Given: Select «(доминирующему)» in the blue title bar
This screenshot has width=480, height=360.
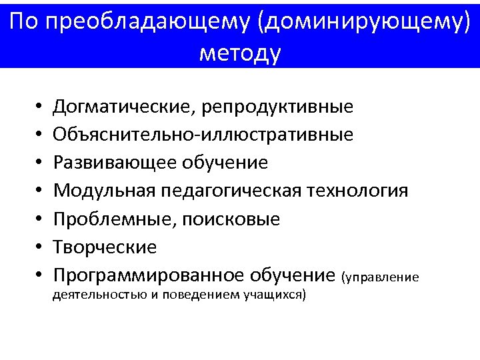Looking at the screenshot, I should (x=367, y=23).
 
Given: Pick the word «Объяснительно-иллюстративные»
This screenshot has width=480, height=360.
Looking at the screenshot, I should (x=203, y=135).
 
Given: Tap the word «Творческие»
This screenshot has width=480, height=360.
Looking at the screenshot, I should (x=105, y=247).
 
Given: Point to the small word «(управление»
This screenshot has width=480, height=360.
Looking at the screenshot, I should (x=380, y=277).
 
